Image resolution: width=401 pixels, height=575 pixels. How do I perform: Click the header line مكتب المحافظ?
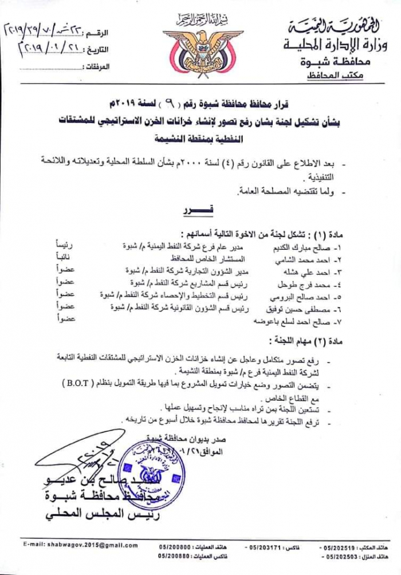(x=343, y=76)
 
